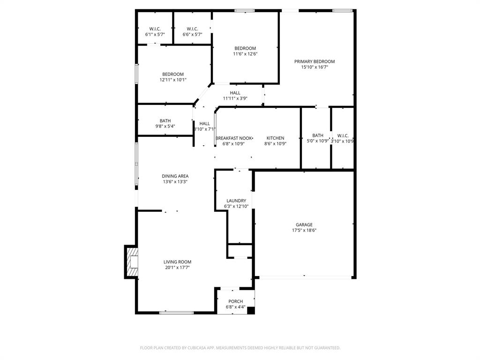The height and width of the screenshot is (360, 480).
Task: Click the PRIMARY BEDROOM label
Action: pyautogui.click(x=314, y=61)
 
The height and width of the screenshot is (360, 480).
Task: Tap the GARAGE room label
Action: pyautogui.click(x=304, y=225)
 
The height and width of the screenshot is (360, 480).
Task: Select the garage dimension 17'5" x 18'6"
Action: pyautogui.click(x=304, y=230)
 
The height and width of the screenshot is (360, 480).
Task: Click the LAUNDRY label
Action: pyautogui.click(x=236, y=201)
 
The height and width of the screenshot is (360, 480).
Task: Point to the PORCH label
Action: pyautogui.click(x=235, y=301)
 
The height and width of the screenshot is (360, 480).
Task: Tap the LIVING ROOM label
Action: pyautogui.click(x=177, y=262)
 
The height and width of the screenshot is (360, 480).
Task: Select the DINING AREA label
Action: pyautogui.click(x=175, y=176)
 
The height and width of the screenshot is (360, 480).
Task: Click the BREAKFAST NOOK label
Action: pyautogui.click(x=234, y=138)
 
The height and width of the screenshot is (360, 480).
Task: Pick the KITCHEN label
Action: pyautogui.click(x=275, y=138)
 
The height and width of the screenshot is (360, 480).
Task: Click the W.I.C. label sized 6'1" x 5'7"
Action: pyautogui.click(x=155, y=29)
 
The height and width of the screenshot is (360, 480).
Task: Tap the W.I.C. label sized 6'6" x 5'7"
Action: pyautogui.click(x=192, y=29)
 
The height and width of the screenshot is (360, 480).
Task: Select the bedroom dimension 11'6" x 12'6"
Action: pyautogui.click(x=245, y=54)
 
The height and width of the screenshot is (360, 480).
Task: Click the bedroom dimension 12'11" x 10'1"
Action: pyautogui.click(x=173, y=80)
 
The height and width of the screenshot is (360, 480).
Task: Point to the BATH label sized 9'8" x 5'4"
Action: pyautogui.click(x=165, y=121)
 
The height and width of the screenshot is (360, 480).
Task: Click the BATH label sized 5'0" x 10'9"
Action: pyautogui.click(x=318, y=135)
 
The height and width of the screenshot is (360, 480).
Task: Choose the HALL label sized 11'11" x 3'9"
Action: pyautogui.click(x=235, y=93)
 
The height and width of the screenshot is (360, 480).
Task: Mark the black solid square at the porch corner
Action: pyautogui.click(x=251, y=310)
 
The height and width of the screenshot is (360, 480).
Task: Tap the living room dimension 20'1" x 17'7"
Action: pyautogui.click(x=177, y=268)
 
